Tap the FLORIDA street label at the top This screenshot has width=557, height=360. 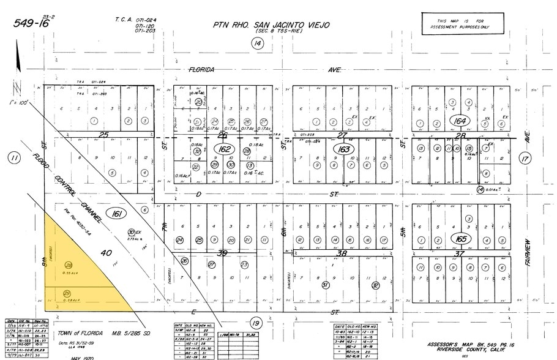(x=201, y=70)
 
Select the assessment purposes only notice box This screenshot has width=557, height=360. (x=463, y=23)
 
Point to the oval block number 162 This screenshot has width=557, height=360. (x=224, y=149)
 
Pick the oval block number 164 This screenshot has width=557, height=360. (x=460, y=121)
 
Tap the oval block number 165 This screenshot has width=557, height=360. (x=460, y=238)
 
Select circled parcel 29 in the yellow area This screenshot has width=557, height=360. (x=67, y=294)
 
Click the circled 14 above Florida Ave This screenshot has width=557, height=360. (x=258, y=43)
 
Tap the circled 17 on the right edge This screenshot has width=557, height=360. (x=525, y=159)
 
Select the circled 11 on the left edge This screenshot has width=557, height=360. (x=13, y=159)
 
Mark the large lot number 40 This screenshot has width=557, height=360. (x=105, y=252)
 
